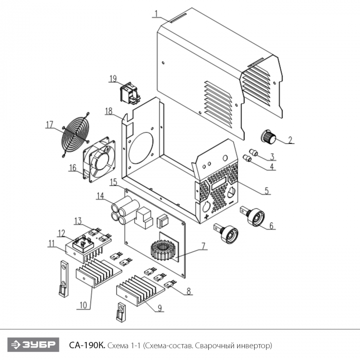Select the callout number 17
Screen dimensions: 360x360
(x=49, y=123)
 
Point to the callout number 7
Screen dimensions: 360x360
(x=204, y=246)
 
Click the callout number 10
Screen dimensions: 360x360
(x=82, y=305)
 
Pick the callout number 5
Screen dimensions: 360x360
(x=267, y=190)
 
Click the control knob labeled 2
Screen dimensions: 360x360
(x=268, y=137)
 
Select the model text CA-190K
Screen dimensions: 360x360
(x=87, y=344)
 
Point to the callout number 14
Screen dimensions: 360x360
(x=100, y=195)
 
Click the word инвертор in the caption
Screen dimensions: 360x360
(x=254, y=344)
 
